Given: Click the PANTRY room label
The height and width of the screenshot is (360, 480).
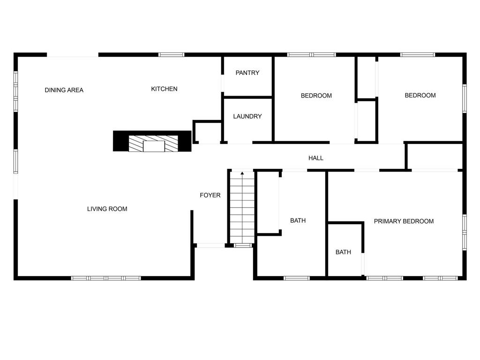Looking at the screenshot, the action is [247, 73].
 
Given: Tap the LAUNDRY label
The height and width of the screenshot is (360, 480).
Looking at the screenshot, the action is [247, 116].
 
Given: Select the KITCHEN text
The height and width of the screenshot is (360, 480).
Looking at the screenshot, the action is [164, 89].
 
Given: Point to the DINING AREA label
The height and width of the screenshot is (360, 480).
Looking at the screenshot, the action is [64, 90].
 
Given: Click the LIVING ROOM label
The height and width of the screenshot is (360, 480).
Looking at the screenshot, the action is [107, 209].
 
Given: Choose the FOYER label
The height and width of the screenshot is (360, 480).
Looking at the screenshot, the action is [210, 195].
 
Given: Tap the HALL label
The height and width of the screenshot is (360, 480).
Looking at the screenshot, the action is [316, 158].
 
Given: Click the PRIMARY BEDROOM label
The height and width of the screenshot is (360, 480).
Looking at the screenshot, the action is [404, 221].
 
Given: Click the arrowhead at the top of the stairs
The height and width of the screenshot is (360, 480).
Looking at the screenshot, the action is [242, 173].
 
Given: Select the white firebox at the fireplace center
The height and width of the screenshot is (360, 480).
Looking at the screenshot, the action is [154, 146].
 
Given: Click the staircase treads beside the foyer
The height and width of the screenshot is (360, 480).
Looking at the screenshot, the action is [242, 208].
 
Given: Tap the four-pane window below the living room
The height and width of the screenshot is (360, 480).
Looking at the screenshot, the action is [106, 278].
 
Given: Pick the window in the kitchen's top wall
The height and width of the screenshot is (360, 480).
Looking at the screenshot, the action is [172, 55].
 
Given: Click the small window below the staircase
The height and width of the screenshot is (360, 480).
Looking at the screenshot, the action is [242, 245].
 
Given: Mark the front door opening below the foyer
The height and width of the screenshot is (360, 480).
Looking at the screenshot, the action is [210, 245].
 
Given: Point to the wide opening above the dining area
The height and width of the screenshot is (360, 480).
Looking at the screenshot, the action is [73, 55].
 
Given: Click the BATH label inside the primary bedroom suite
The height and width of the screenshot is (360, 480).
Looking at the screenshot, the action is [343, 252].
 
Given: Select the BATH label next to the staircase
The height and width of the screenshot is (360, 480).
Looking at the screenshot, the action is [298, 220].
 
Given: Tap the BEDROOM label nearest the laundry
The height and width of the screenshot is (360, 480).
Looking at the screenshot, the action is [316, 96].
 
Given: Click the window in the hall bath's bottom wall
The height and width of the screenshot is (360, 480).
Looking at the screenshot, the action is [297, 278].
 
